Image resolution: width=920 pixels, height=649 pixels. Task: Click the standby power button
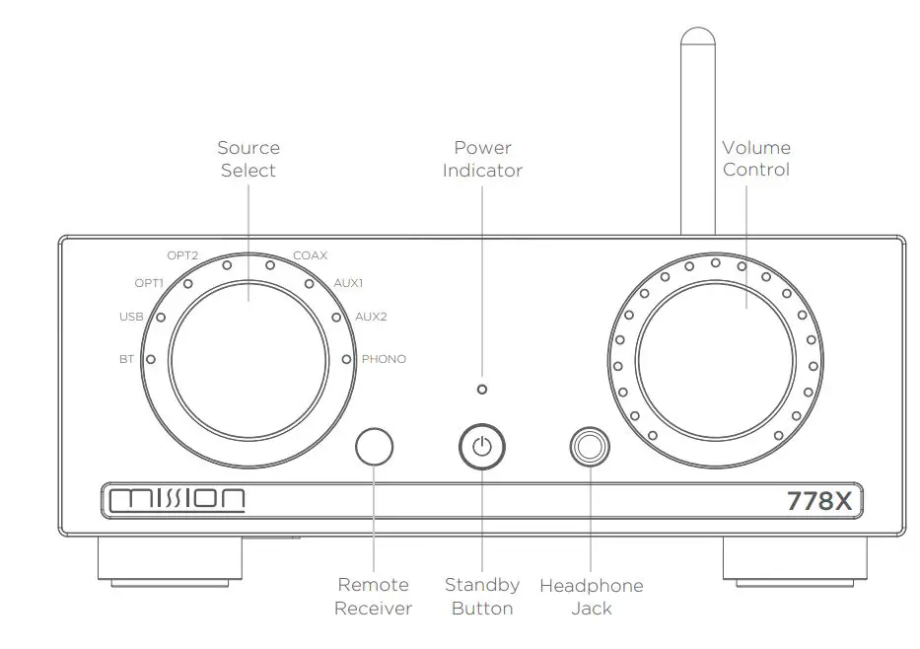coord(481,447)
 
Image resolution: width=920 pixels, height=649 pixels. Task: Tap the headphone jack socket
coord(590,447)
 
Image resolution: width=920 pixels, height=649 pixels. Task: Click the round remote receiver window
coord(374,447)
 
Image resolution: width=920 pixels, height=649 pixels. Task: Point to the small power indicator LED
coord(481,390)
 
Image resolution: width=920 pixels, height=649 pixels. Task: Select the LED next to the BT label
coord(150,359)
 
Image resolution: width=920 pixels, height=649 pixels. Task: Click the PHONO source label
coord(384,359)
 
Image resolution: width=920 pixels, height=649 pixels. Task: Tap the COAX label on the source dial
coord(310,255)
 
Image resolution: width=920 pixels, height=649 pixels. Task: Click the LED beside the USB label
coord(160,318)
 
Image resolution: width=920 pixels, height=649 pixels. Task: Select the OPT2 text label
coord(183,255)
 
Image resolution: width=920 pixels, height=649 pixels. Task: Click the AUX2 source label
coord(371,318)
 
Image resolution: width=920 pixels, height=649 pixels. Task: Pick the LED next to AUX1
coord(309,284)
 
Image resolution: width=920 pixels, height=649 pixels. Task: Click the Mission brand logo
coord(177,500)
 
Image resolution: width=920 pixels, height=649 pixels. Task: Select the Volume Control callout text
coord(756,159)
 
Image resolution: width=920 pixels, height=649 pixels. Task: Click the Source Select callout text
coord(248,159)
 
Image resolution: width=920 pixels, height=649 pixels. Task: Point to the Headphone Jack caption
coord(591,597)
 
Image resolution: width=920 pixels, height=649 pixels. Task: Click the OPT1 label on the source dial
coord(149,284)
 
